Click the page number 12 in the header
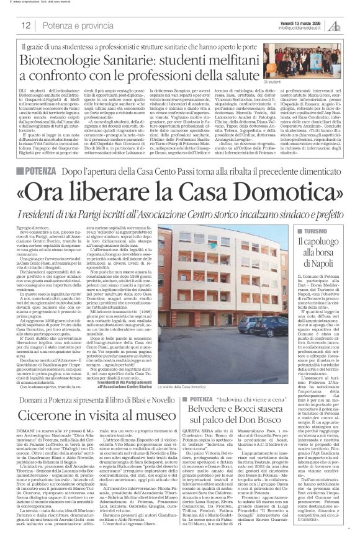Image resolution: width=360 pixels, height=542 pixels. (x=27, y=25)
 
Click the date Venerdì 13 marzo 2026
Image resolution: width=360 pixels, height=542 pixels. (x=301, y=20)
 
